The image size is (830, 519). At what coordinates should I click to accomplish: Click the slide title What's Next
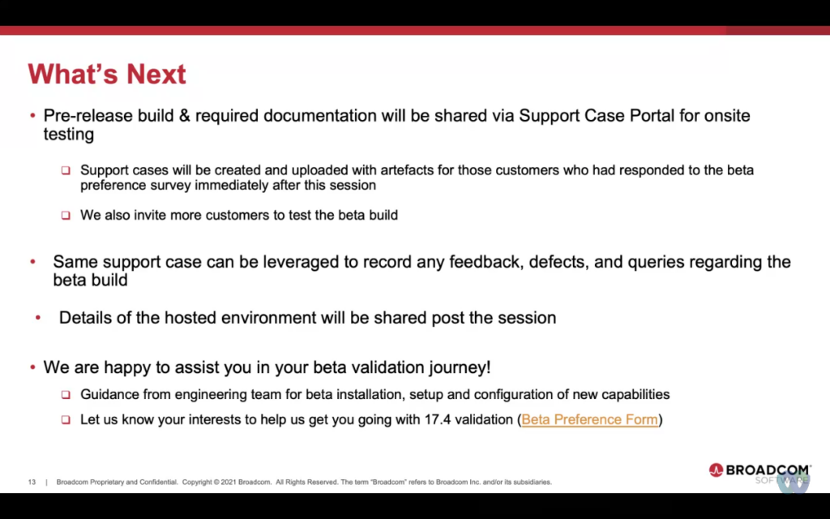(107, 74)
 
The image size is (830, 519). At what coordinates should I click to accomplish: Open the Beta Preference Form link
(590, 419)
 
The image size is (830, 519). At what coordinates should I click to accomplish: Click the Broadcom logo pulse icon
(716, 470)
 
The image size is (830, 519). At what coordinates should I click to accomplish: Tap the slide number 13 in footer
(32, 482)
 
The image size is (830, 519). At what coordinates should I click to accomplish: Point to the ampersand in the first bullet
(184, 115)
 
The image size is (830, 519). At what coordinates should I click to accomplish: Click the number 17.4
(438, 419)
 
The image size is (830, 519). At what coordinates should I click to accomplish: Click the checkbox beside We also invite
(66, 216)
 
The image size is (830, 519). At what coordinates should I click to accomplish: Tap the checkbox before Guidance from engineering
(66, 395)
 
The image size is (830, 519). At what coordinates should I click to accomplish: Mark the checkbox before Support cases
(66, 170)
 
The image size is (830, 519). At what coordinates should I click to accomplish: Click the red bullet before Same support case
(32, 262)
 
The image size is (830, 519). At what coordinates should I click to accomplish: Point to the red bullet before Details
(38, 318)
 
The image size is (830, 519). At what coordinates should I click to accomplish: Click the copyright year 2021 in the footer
(228, 482)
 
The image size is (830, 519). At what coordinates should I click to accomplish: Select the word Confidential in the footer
(158, 482)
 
